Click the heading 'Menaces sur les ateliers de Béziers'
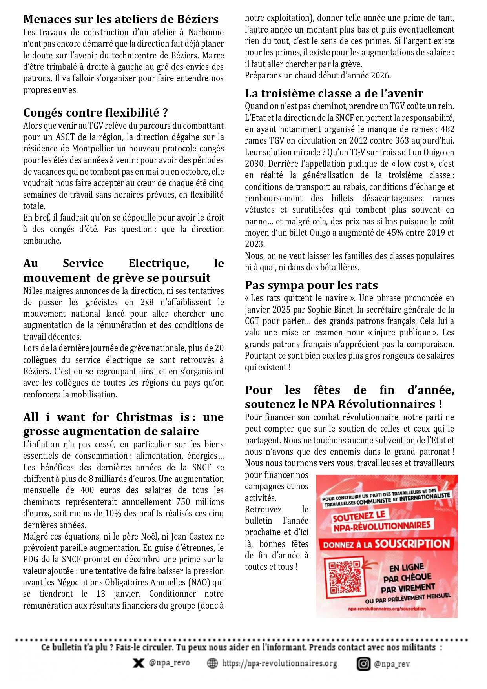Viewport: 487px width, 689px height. click(x=121, y=19)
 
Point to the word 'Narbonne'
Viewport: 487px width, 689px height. click(x=206, y=32)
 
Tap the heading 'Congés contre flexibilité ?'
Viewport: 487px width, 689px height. click(x=95, y=113)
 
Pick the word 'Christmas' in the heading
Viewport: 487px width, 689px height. click(x=144, y=417)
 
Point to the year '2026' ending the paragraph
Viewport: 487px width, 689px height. click(x=380, y=75)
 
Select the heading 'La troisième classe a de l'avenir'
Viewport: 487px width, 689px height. click(x=334, y=93)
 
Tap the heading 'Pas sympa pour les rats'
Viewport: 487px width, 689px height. click(x=311, y=285)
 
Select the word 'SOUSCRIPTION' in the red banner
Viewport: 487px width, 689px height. click(x=412, y=544)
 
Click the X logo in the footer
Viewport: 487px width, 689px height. click(x=138, y=663)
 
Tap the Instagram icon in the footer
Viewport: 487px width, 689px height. click(x=363, y=664)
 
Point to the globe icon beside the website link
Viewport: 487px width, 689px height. click(x=212, y=663)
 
